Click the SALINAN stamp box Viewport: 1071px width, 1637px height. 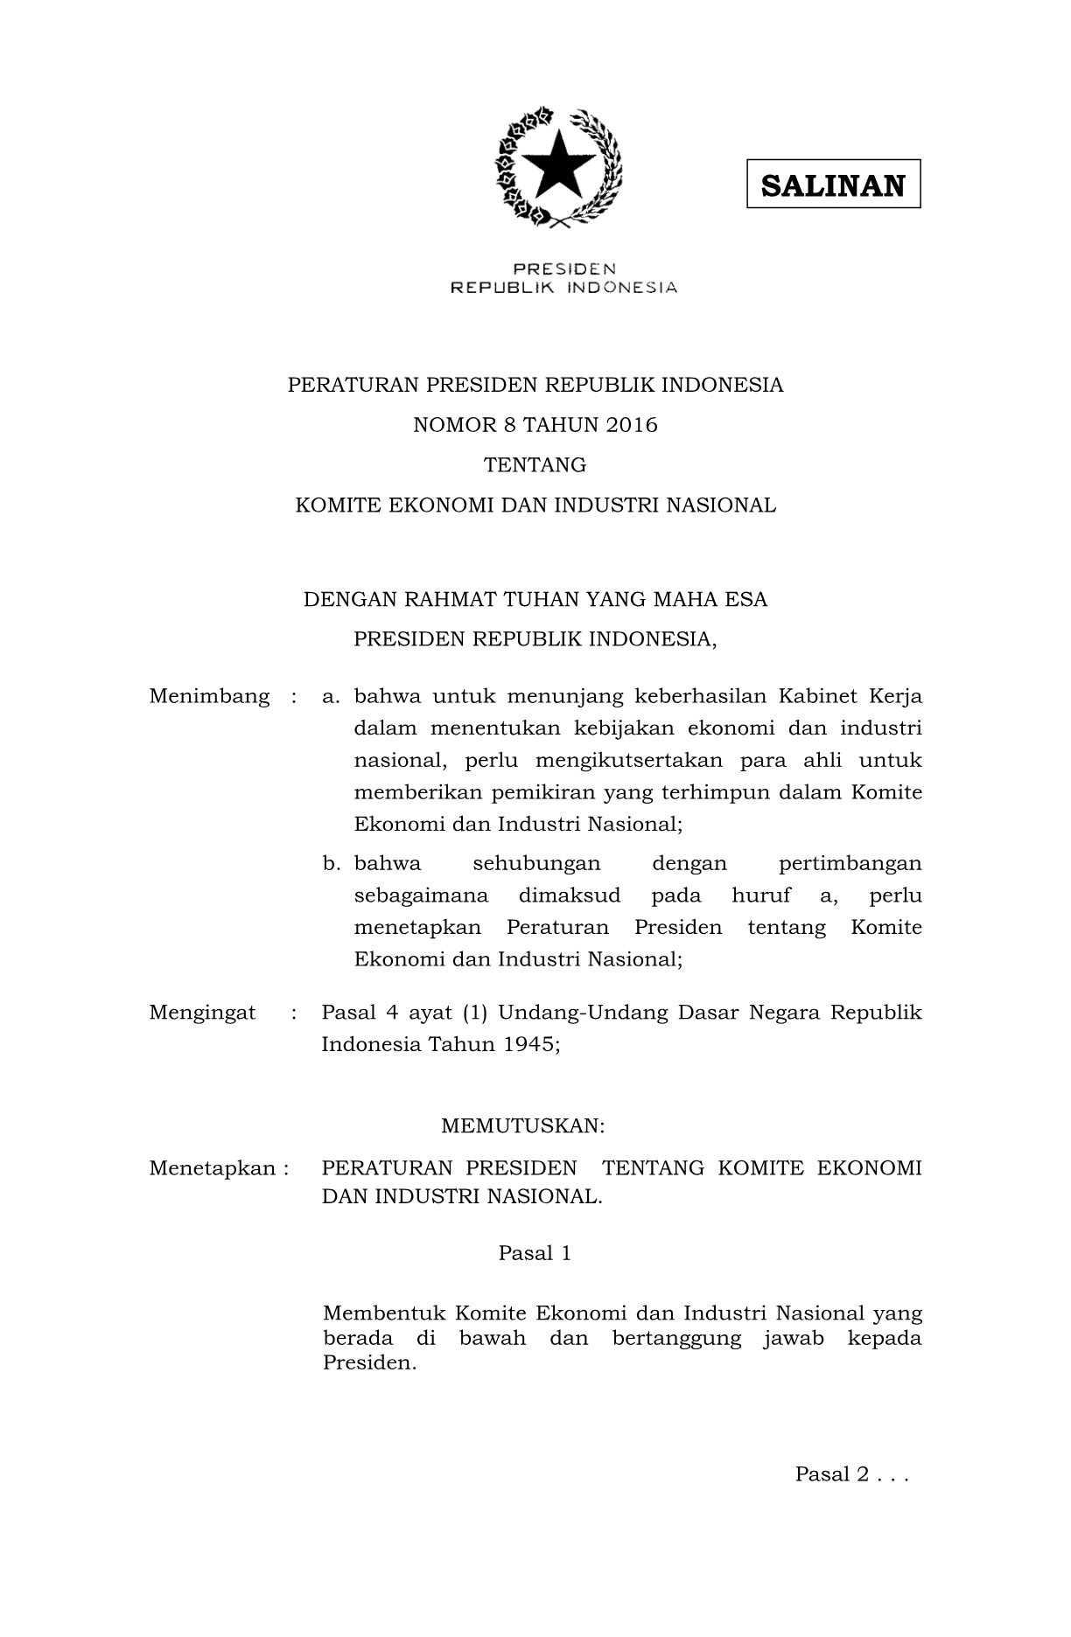coord(832,184)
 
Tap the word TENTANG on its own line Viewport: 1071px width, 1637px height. coord(535,465)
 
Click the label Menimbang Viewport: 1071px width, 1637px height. coord(209,696)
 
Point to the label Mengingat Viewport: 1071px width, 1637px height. coord(202,1013)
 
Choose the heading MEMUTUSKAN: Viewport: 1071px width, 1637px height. coord(522,1125)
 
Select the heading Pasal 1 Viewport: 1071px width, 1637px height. coord(535,1253)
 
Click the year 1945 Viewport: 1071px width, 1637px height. coord(530,1044)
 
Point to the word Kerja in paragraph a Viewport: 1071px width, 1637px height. coord(895,696)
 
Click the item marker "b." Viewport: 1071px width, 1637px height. coord(331,864)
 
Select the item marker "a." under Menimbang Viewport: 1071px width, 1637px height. coord(331,696)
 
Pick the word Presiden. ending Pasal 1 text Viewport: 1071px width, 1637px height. coord(368,1363)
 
